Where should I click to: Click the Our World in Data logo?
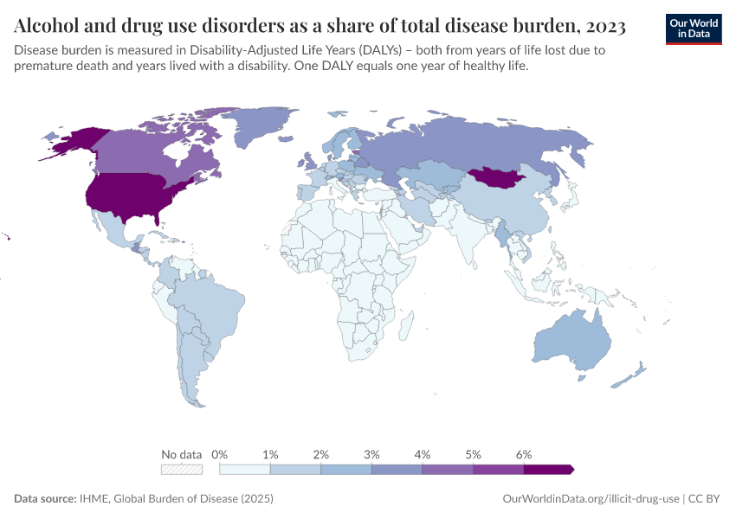pos(694,28)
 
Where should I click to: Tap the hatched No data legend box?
pos(182,469)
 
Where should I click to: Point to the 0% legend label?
pos(220,454)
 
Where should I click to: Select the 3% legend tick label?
pos(371,454)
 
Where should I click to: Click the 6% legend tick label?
pos(523,454)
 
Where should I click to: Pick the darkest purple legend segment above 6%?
pos(547,469)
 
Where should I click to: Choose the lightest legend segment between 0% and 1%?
pos(245,469)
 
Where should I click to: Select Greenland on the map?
pos(264,128)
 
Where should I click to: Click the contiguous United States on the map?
pos(130,196)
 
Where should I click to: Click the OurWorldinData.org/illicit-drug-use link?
pos(591,499)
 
